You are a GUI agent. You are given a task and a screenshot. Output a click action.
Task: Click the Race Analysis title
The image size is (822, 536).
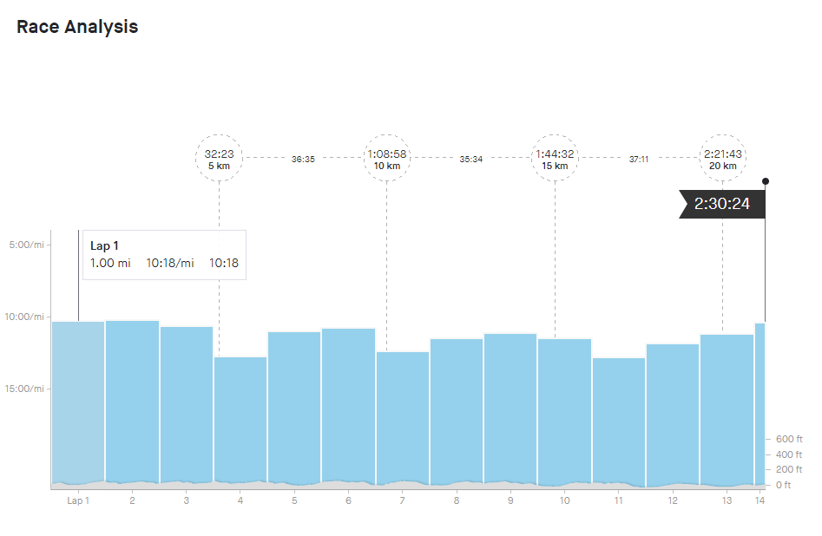coord(77,27)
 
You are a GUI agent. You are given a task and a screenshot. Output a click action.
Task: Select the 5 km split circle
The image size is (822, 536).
coord(220,158)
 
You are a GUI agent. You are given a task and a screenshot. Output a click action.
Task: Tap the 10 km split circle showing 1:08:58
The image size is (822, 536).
coord(387,158)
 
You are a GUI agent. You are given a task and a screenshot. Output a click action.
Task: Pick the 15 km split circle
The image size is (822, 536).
coord(555,158)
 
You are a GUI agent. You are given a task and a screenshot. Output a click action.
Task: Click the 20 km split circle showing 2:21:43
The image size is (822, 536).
coord(722,158)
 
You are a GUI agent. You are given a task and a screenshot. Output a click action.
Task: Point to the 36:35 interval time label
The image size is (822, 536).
coord(303,160)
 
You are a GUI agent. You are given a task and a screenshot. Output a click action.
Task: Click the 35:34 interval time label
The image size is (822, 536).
coord(471,160)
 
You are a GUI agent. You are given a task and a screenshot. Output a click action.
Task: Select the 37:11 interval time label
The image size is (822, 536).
coord(639,160)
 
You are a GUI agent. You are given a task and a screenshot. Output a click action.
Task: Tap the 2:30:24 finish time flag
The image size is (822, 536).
coord(722,205)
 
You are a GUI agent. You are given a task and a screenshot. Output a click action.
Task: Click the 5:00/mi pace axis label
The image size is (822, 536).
coord(25,245)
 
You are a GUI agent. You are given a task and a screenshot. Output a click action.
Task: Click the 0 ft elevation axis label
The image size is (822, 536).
coord(784,485)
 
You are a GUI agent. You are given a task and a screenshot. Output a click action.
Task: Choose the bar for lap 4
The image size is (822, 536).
coord(240,421)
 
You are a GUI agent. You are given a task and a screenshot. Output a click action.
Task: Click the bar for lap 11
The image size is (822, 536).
coord(619,421)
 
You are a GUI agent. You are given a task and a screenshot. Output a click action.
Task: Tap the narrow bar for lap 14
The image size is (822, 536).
coord(760,403)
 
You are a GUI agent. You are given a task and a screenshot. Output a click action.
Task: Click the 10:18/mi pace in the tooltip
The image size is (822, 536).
coord(170,264)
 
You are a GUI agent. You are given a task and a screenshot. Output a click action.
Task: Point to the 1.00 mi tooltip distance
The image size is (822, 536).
coord(110,264)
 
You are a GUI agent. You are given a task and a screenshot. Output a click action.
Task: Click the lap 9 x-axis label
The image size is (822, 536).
coord(510,500)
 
